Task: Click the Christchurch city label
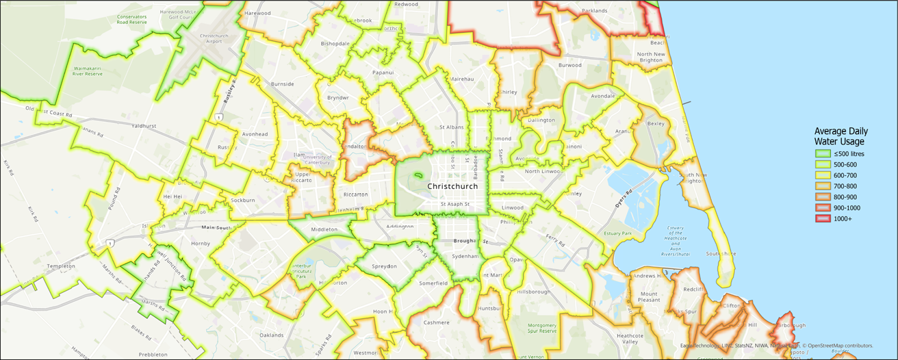tap(452, 187)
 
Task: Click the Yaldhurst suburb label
tap(145, 126)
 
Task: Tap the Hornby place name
tap(201, 243)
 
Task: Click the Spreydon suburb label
tap(384, 266)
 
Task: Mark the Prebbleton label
tap(153, 355)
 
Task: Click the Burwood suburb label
tap(569, 66)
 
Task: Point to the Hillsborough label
tap(534, 292)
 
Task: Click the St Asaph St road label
tap(455, 204)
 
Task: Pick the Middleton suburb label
tap(324, 230)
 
